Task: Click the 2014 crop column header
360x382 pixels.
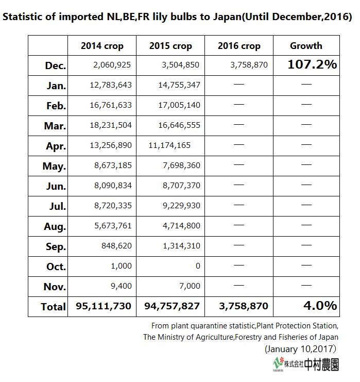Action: pyautogui.click(x=102, y=46)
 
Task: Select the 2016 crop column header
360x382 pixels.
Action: pyautogui.click(x=239, y=46)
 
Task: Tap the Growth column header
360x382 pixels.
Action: pyautogui.click(x=306, y=46)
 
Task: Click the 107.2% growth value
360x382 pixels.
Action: pyautogui.click(x=312, y=64)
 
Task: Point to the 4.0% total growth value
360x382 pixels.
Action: pyautogui.click(x=320, y=306)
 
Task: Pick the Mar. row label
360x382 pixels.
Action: pyautogui.click(x=55, y=126)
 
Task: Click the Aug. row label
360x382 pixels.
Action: pyautogui.click(x=55, y=226)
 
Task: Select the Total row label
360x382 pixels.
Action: pyautogui.click(x=54, y=307)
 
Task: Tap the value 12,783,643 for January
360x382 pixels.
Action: pyautogui.click(x=111, y=85)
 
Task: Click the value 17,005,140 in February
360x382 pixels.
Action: pyautogui.click(x=179, y=105)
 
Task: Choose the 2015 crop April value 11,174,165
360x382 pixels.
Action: pyautogui.click(x=169, y=145)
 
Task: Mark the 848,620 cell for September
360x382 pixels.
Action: pyautogui.click(x=116, y=246)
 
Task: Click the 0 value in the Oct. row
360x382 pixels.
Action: pyautogui.click(x=198, y=266)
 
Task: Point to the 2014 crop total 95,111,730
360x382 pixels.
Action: pyautogui.click(x=104, y=306)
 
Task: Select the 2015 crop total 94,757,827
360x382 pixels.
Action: pyautogui.click(x=172, y=306)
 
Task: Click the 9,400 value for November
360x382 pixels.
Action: pyautogui.click(x=121, y=286)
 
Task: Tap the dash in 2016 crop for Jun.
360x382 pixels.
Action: pyautogui.click(x=239, y=185)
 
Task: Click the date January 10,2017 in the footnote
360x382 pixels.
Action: pyautogui.click(x=300, y=349)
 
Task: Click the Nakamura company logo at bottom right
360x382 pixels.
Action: pyautogui.click(x=306, y=364)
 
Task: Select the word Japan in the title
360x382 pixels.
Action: pyautogui.click(x=227, y=16)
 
